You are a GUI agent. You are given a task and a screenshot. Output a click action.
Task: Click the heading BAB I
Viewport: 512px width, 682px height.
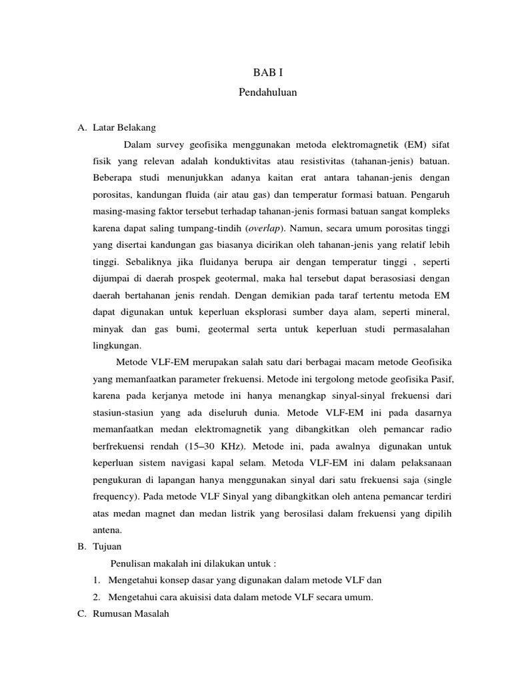[x=267, y=72]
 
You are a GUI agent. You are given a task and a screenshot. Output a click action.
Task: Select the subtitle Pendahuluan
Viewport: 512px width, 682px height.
[x=267, y=93]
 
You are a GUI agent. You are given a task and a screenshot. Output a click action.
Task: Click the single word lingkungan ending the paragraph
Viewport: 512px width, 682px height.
[x=117, y=346]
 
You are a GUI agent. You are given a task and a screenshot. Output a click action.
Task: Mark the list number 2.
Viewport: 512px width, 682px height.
[x=97, y=597]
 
